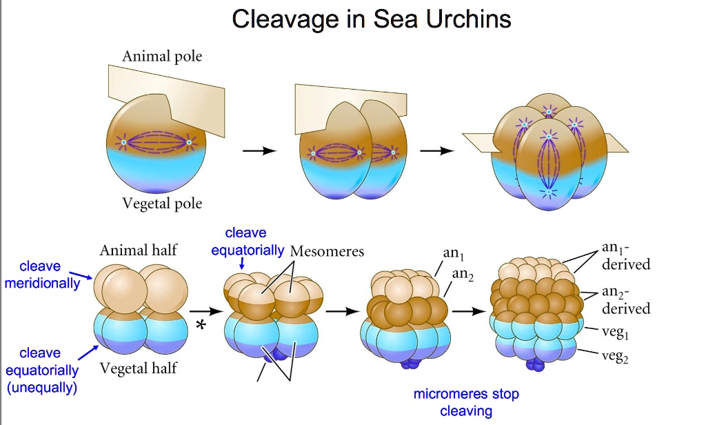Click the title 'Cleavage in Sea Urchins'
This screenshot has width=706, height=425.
click(x=372, y=19)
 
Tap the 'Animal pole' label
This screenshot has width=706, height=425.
click(x=162, y=56)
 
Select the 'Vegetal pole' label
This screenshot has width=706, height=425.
click(x=162, y=204)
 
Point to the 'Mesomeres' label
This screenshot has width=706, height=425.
click(x=327, y=250)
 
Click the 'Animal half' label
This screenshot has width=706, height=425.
click(x=139, y=250)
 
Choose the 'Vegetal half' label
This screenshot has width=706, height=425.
click(x=139, y=368)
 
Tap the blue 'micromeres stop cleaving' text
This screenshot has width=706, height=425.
click(x=466, y=403)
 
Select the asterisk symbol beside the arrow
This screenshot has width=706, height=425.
click(x=200, y=326)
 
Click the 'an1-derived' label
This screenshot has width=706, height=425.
click(x=625, y=256)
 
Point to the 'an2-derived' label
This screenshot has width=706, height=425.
click(x=625, y=299)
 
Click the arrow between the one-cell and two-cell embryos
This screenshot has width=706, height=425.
click(x=259, y=152)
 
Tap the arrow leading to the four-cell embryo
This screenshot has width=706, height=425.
click(x=437, y=152)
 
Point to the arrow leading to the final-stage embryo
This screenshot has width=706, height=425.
click(x=469, y=311)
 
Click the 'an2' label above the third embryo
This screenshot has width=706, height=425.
click(x=463, y=276)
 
